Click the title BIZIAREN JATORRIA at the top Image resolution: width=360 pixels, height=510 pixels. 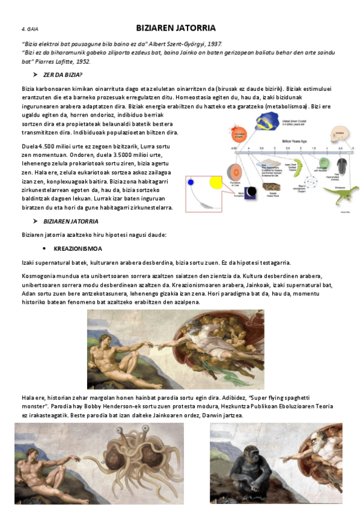click(x=175, y=28)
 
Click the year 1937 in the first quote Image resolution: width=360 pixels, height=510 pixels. click(x=212, y=44)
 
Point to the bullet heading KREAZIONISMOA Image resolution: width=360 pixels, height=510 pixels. click(x=78, y=248)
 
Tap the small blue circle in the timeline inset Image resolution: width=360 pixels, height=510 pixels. click(x=192, y=182)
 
